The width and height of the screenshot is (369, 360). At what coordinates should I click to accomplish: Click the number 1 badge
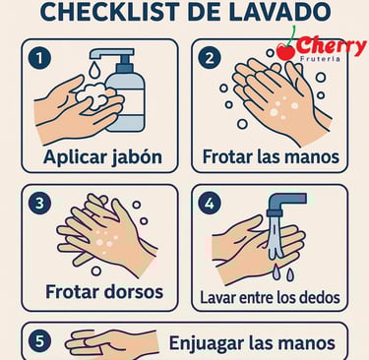(x=39, y=58)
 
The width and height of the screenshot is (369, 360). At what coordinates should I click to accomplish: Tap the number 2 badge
(x=210, y=58)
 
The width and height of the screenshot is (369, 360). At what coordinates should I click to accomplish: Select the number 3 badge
(x=39, y=204)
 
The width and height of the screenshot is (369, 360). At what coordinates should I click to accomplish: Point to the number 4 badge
(x=210, y=204)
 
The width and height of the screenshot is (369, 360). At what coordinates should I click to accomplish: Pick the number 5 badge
(x=39, y=341)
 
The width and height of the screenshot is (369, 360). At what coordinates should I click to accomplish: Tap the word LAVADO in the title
(x=279, y=12)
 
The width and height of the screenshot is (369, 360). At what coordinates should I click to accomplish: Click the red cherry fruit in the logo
(x=286, y=52)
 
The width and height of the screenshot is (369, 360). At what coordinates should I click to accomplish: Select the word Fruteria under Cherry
(x=320, y=59)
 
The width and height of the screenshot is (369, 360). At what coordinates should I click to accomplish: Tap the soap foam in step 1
(x=94, y=94)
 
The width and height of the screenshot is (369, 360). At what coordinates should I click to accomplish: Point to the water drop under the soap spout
(x=94, y=70)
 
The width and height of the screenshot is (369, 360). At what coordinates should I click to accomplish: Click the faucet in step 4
(x=286, y=204)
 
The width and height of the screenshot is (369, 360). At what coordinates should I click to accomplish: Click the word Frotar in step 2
(x=227, y=156)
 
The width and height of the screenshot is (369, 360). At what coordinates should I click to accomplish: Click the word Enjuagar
(x=207, y=343)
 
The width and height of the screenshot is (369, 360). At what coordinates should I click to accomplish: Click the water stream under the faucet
(x=276, y=237)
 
